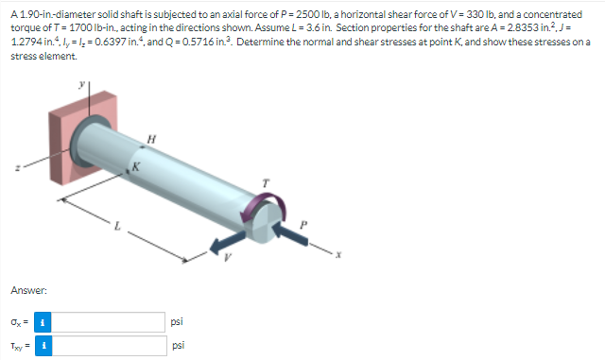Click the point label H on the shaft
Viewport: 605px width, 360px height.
(x=151, y=139)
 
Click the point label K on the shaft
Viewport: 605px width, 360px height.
(x=136, y=166)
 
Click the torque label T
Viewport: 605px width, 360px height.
(x=266, y=183)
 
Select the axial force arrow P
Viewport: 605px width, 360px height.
(x=290, y=233)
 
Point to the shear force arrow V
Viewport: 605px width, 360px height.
(x=227, y=242)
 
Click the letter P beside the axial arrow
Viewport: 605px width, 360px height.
(x=303, y=224)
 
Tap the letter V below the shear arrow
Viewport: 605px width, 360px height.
(x=228, y=257)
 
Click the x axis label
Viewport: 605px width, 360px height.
(x=338, y=255)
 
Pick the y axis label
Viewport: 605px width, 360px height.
(x=81, y=84)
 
